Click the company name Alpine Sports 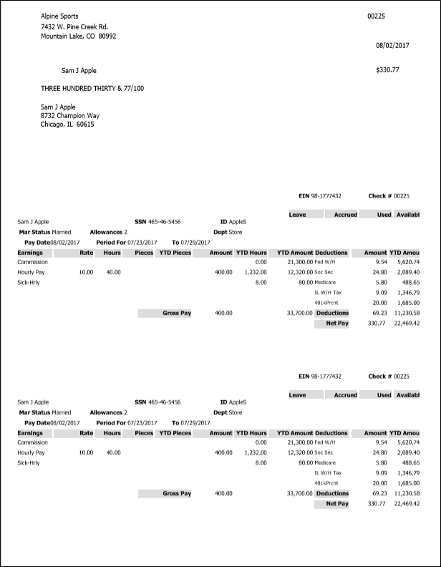click(60, 16)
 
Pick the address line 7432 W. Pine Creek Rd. click(74, 27)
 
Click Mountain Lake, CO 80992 click(78, 36)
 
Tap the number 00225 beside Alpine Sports click(376, 16)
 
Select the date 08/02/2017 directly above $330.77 click(392, 45)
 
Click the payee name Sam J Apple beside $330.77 click(79, 71)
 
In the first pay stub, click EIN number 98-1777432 click(326, 195)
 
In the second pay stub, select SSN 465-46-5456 click(164, 402)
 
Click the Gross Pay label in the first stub click(176, 313)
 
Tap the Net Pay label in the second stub click(336, 504)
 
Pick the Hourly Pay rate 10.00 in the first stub click(86, 273)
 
